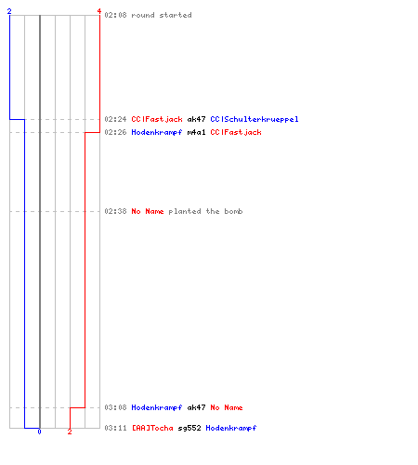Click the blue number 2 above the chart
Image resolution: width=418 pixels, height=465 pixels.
pyautogui.click(x=9, y=11)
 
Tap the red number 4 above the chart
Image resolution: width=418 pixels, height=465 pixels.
pyautogui.click(x=99, y=11)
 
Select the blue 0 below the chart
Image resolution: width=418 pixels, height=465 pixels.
pyautogui.click(x=39, y=432)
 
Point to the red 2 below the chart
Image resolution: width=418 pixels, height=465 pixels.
pyautogui.click(x=70, y=432)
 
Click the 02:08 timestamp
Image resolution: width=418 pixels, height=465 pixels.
pyautogui.click(x=115, y=15)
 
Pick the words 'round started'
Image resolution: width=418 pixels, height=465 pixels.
pyautogui.click(x=162, y=15)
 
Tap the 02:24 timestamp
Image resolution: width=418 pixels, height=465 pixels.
pyautogui.click(x=115, y=119)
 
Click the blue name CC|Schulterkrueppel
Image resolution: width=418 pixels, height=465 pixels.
pyautogui.click(x=255, y=119)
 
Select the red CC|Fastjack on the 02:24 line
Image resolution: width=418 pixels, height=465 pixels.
pyautogui.click(x=157, y=119)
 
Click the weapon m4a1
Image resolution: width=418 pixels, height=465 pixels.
pyautogui.click(x=196, y=132)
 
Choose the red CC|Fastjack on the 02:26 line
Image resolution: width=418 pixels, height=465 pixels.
pyautogui.click(x=236, y=132)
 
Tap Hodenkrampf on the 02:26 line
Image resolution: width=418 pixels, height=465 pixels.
pyautogui.click(x=157, y=132)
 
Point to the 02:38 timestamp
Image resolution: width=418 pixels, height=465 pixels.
pyautogui.click(x=115, y=211)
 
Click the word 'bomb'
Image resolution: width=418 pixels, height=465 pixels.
pyautogui.click(x=233, y=211)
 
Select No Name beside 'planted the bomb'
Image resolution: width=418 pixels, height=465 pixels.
pyautogui.click(x=148, y=211)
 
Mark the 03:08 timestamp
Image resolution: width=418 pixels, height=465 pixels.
pyautogui.click(x=115, y=407)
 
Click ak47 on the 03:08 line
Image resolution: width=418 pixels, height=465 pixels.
pyautogui.click(x=196, y=407)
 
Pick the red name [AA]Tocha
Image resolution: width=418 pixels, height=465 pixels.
pyautogui.click(x=152, y=428)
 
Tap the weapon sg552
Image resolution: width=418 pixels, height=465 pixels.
pyautogui.click(x=189, y=429)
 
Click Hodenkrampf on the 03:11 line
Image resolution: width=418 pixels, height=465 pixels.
pyautogui.click(x=231, y=428)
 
